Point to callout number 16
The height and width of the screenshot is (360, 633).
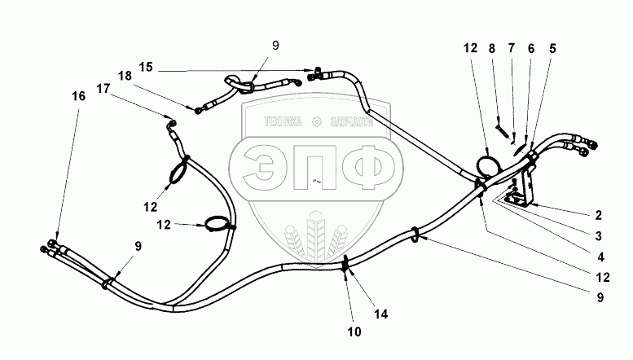pyautogui.click(x=78, y=95)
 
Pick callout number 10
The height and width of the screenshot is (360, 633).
pyautogui.click(x=354, y=332)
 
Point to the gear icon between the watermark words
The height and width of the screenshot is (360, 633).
pyautogui.click(x=317, y=123)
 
